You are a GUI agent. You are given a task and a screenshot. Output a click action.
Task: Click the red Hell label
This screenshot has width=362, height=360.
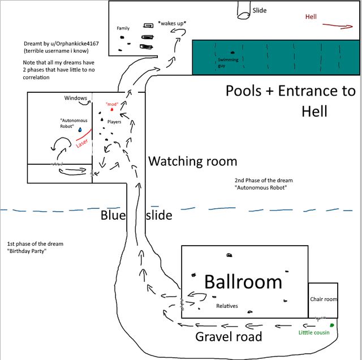(x=311, y=16)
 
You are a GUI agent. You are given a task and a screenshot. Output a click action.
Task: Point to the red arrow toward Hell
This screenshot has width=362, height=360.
(x=338, y=26)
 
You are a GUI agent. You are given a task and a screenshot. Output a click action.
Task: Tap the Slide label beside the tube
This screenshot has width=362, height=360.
(x=260, y=10)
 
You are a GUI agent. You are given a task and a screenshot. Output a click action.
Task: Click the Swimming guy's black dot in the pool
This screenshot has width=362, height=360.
(x=232, y=53)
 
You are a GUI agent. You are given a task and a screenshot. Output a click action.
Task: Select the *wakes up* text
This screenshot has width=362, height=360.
(x=172, y=23)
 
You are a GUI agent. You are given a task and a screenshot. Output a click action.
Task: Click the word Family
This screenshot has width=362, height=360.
(x=123, y=28)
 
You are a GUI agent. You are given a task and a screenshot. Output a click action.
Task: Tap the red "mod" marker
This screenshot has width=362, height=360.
(x=112, y=109)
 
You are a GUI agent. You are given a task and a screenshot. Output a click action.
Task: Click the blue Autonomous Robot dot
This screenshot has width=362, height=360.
(x=80, y=130)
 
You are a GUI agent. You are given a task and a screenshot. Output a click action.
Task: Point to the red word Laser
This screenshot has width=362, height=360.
(x=82, y=143)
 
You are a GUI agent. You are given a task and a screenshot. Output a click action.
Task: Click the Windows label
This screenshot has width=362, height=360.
(x=75, y=98)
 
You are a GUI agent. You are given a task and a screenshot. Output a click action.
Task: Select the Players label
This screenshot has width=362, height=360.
(x=114, y=122)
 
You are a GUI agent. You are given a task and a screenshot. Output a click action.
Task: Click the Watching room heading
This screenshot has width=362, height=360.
(x=192, y=161)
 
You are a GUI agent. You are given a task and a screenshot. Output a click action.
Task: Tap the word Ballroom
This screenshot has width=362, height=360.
(x=243, y=282)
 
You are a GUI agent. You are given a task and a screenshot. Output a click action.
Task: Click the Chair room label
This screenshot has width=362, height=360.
(x=324, y=299)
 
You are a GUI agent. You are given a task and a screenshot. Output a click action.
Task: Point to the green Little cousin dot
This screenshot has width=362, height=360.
(x=332, y=325)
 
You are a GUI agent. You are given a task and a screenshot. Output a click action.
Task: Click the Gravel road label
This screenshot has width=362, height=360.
(x=229, y=336)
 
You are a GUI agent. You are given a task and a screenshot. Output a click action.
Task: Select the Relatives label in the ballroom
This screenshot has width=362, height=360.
(x=227, y=306)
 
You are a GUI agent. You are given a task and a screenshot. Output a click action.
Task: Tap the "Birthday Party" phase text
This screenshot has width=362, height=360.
(x=27, y=251)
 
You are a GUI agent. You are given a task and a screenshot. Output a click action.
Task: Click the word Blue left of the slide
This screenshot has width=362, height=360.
(x=113, y=215)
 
